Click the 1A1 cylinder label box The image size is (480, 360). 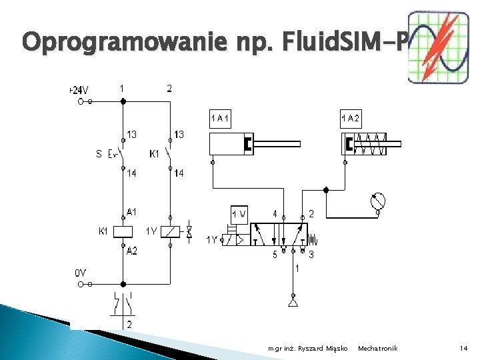click(220, 119)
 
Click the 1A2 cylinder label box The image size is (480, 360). click(351, 119)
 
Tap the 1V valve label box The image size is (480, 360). click(239, 214)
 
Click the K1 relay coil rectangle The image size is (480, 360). click(123, 232)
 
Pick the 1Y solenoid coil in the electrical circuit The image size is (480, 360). click(171, 232)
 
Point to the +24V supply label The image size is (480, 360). click(79, 90)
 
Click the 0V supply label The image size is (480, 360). click(80, 273)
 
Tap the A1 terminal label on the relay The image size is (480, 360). click(132, 213)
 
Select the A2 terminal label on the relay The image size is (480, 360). click(132, 251)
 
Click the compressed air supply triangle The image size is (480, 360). click(292, 303)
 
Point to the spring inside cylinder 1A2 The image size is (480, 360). click(371, 143)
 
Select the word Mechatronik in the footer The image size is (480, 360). click(377, 348)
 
